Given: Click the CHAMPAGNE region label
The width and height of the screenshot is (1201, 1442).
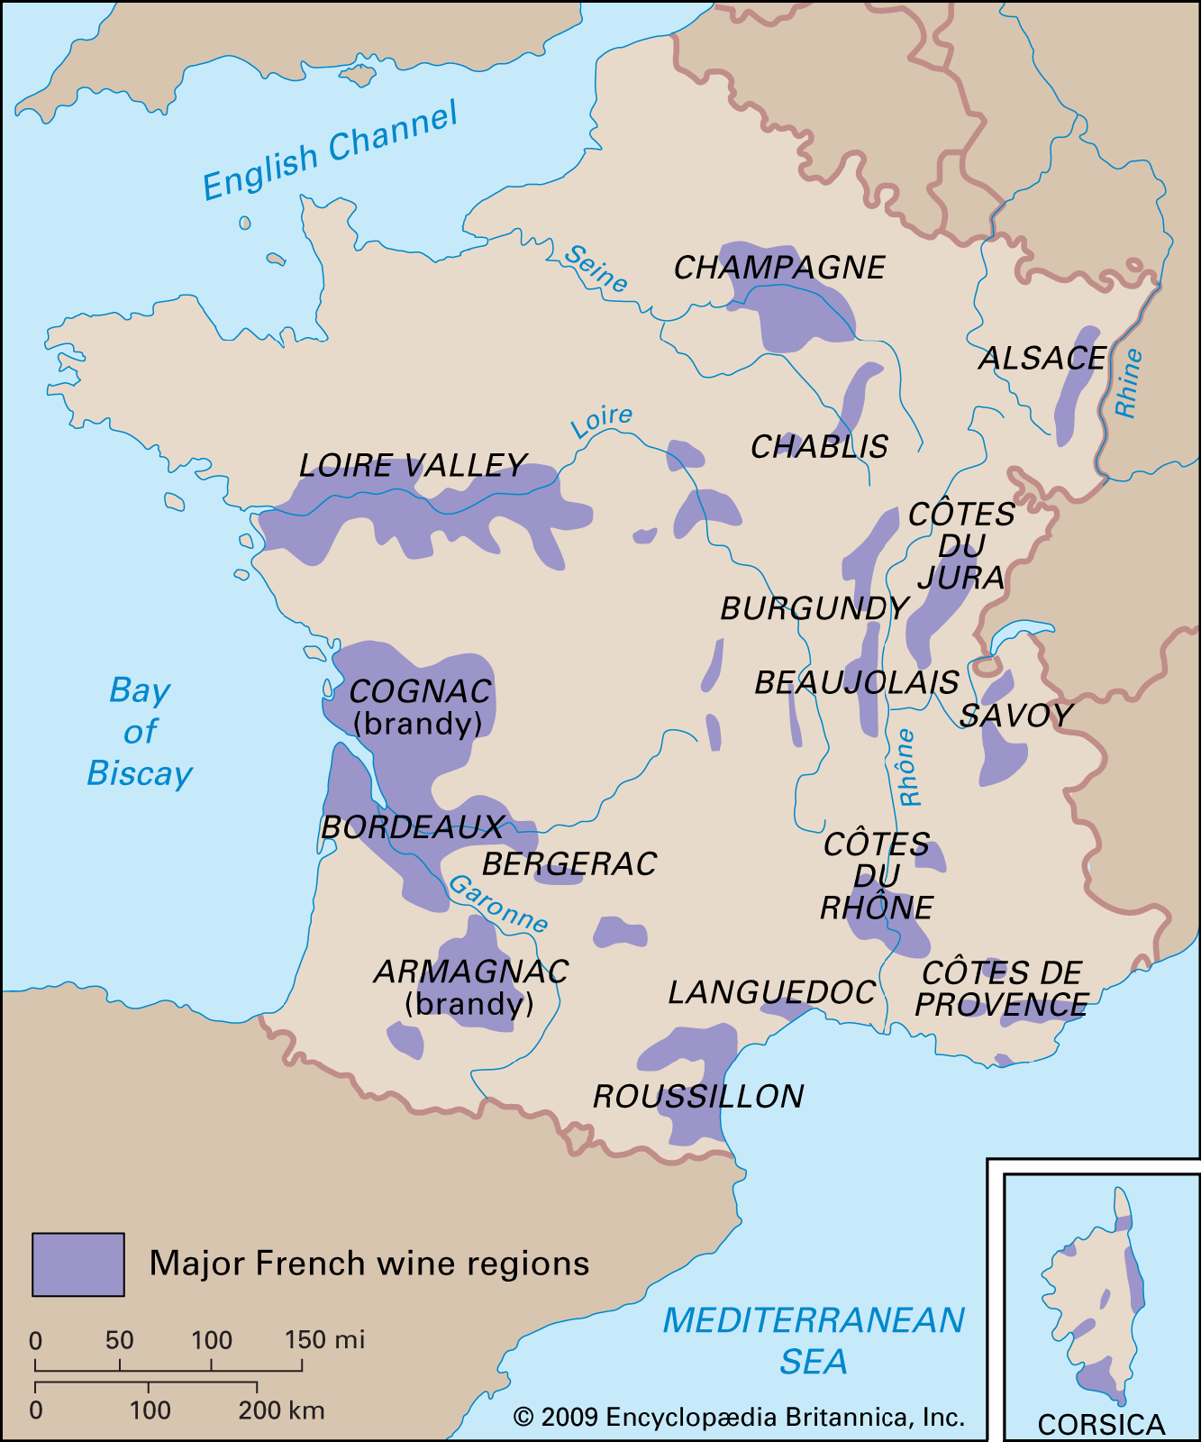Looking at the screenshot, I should (x=779, y=268).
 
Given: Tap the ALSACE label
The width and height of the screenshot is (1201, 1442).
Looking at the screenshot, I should (x=1042, y=359).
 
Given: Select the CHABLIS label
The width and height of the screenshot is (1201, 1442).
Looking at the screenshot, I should (x=819, y=447).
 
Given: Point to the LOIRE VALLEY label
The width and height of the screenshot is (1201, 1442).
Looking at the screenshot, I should (x=413, y=466).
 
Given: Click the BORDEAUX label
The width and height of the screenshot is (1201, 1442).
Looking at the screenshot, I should (x=412, y=827).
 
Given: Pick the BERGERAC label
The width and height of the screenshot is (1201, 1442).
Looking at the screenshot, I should (x=569, y=864).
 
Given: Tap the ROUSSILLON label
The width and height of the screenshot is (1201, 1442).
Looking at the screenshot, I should (x=698, y=1097).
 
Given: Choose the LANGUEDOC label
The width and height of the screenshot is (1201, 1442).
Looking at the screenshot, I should (x=771, y=993).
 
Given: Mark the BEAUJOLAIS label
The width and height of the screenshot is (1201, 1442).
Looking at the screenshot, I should (x=856, y=683).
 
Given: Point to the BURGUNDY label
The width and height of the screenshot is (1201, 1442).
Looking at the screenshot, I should (x=814, y=609).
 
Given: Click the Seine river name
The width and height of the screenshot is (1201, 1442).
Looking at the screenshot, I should (x=596, y=269).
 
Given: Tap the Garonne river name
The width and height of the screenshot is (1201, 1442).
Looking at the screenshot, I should (x=498, y=904).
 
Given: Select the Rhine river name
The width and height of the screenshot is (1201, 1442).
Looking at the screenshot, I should (x=1128, y=383).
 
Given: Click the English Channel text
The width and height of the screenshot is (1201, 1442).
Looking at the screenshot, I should (x=330, y=151).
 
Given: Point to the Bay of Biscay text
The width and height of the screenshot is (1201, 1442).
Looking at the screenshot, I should (x=140, y=732).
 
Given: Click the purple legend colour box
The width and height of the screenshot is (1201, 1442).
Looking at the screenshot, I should (x=78, y=1264).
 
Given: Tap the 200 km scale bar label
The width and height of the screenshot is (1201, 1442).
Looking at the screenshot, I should (x=281, y=1410).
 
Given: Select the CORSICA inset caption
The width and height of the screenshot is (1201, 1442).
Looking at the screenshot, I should (x=1101, y=1424).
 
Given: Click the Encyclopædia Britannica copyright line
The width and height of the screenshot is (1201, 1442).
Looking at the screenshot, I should (x=739, y=1418).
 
